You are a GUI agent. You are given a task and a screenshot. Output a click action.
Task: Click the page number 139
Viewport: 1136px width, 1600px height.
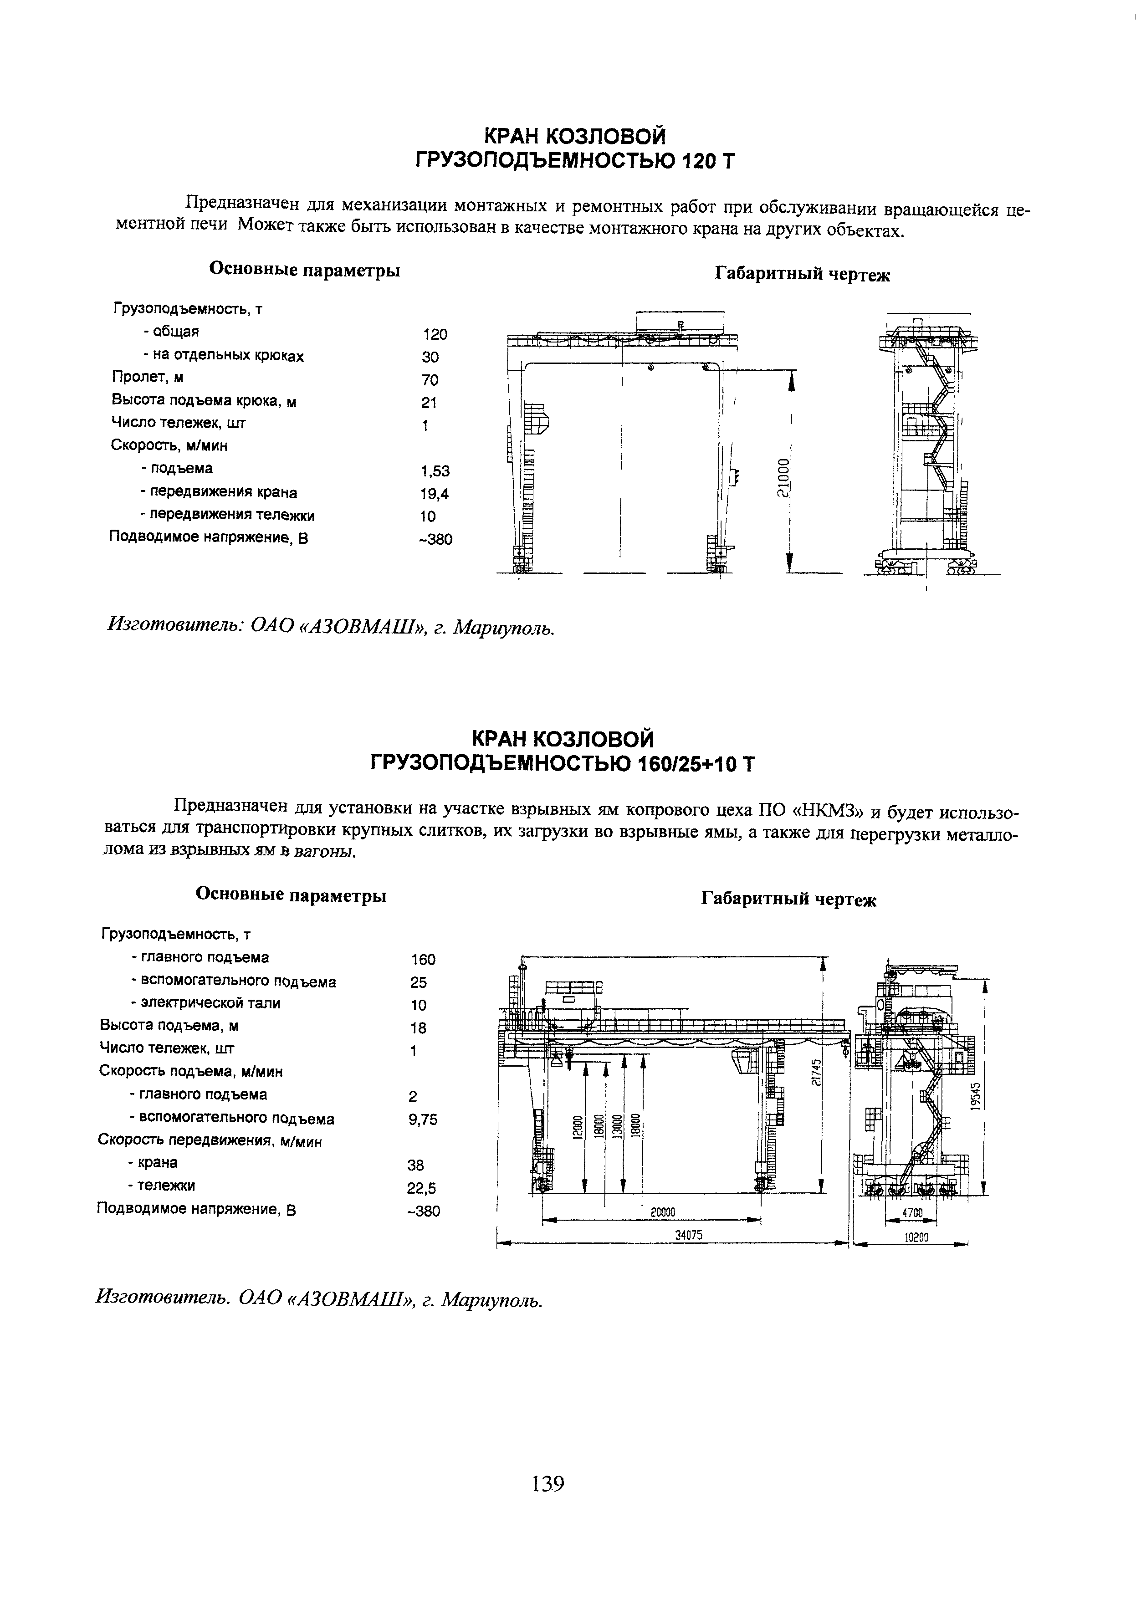coord(548,1483)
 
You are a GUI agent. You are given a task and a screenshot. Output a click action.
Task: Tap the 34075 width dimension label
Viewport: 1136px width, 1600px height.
coord(688,1236)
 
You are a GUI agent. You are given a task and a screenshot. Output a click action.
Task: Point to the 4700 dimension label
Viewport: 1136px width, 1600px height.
coord(913,1212)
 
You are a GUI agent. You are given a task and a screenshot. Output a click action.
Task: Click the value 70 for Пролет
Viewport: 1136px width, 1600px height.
coord(430,380)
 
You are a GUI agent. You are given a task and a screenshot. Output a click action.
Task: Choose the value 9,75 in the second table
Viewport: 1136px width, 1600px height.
coord(423,1119)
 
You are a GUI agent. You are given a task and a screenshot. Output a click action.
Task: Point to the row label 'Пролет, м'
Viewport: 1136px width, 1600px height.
coord(148,378)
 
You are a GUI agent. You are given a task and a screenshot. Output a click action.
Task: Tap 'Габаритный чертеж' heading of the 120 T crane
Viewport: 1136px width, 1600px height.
coord(802,275)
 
